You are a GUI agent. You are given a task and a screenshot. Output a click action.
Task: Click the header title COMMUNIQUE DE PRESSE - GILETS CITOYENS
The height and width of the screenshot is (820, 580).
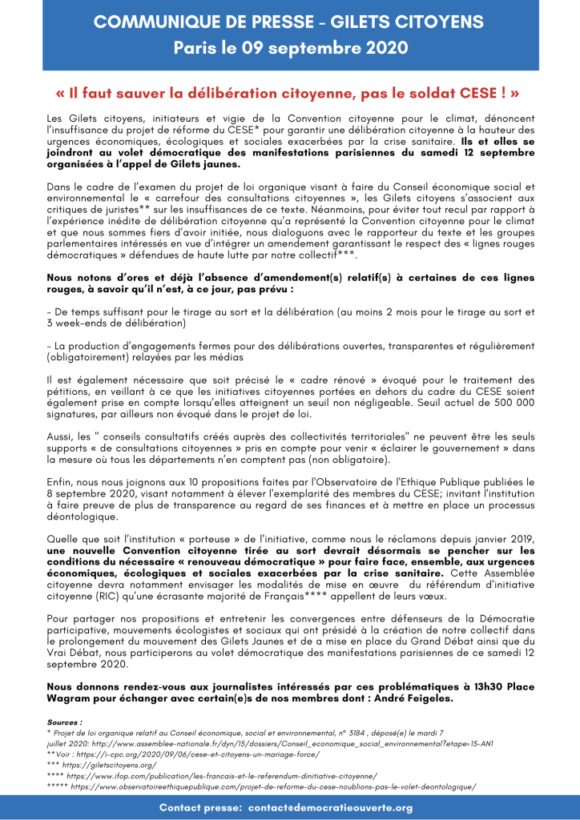coord(290,22)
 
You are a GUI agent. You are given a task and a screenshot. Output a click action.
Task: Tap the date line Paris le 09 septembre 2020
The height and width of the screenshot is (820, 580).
coord(290,48)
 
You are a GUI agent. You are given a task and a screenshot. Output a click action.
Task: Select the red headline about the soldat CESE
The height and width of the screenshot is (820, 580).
coord(289,93)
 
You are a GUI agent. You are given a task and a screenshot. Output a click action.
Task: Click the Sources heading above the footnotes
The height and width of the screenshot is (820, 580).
coord(65,722)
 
